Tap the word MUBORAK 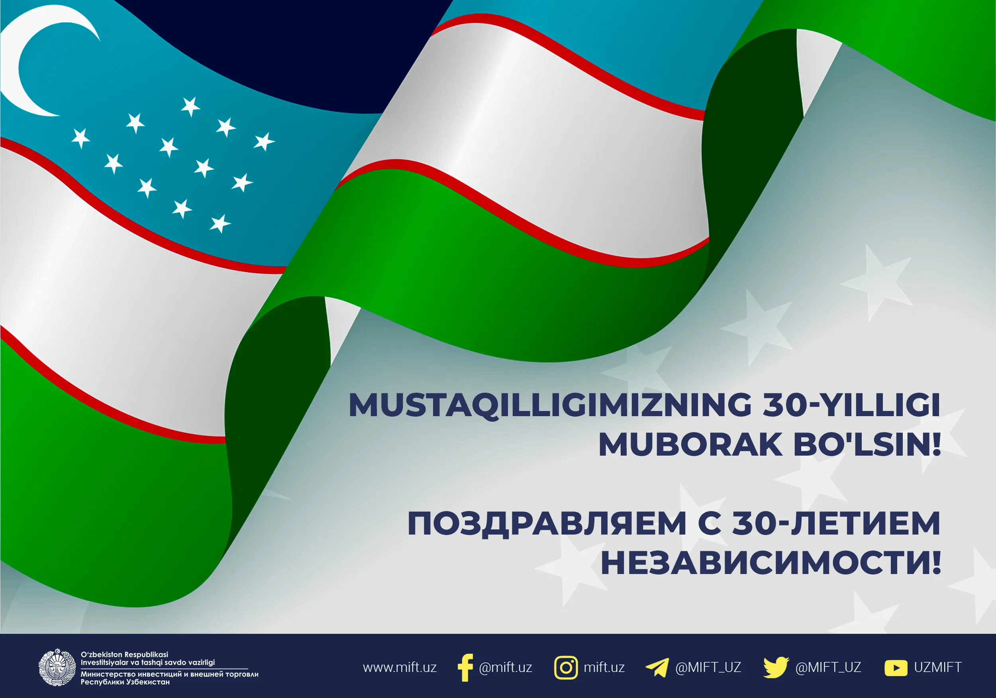pos(690,444)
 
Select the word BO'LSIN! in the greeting pos(867,444)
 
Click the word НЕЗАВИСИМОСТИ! pos(771,562)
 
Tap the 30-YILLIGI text pos(851,405)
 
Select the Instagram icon pos(566,668)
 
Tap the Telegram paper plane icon pos(657,668)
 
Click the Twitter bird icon pos(776,668)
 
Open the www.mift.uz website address pos(400,668)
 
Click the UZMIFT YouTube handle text pos(938,667)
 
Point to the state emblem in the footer pos(57,667)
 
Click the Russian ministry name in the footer pos(169,678)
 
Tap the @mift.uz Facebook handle pos(506,668)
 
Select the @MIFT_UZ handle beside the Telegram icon pos(708,668)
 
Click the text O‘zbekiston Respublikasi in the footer pos(124,655)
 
